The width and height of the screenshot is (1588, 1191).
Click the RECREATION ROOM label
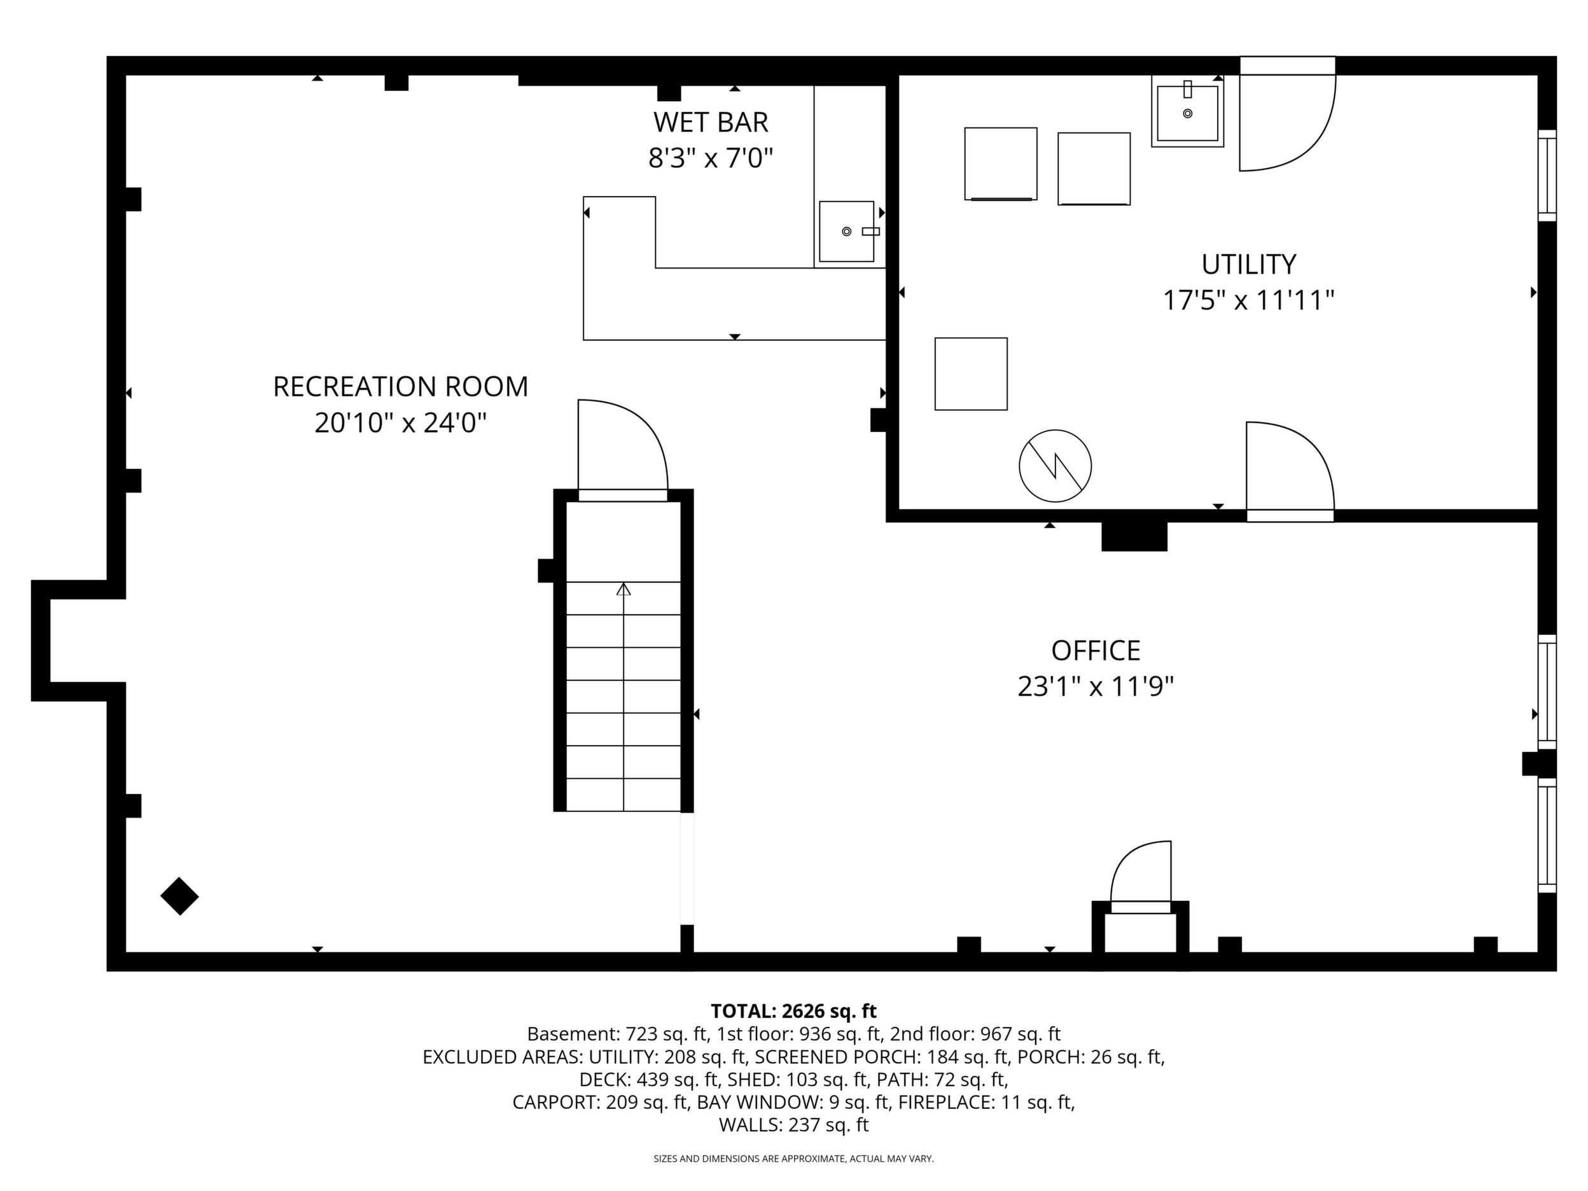pyautogui.click(x=401, y=387)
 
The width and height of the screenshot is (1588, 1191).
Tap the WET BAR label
pyautogui.click(x=711, y=123)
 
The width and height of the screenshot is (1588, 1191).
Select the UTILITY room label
pyautogui.click(x=1249, y=264)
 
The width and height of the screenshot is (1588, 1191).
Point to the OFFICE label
pyautogui.click(x=1096, y=651)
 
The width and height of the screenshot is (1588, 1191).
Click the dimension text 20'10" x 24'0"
pyautogui.click(x=401, y=423)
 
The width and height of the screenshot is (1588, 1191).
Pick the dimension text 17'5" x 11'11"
pyautogui.click(x=1248, y=300)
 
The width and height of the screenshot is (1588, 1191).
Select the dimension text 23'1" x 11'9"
pyautogui.click(x=1096, y=687)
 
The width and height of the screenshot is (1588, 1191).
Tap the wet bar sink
pyautogui.click(x=847, y=231)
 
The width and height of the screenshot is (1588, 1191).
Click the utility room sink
pyautogui.click(x=1187, y=112)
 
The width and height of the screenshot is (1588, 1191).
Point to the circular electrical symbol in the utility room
pyautogui.click(x=1055, y=466)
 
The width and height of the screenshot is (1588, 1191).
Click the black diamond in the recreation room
pyautogui.click(x=179, y=896)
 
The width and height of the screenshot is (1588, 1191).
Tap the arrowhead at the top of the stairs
pyautogui.click(x=623, y=589)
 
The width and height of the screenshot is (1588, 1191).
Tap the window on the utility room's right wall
pyautogui.click(x=1547, y=176)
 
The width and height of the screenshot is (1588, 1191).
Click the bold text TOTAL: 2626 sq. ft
pyautogui.click(x=793, y=1012)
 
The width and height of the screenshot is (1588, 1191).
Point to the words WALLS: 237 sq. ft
pyautogui.click(x=793, y=1125)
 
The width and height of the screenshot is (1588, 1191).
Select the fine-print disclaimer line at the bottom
pyautogui.click(x=793, y=1159)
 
